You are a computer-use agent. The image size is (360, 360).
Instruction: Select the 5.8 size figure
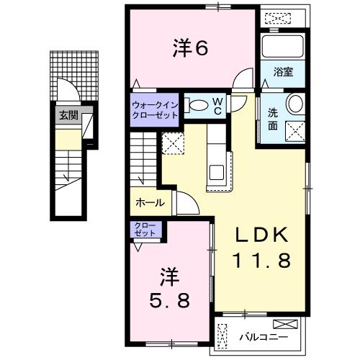pyautogui.click(x=170, y=300)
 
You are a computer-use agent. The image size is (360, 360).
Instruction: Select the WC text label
pyautogui.click(x=216, y=106)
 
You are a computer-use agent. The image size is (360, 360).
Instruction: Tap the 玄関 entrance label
pyautogui.click(x=68, y=114)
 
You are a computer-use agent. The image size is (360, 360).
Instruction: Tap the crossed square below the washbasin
pyautogui.click(x=295, y=132)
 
